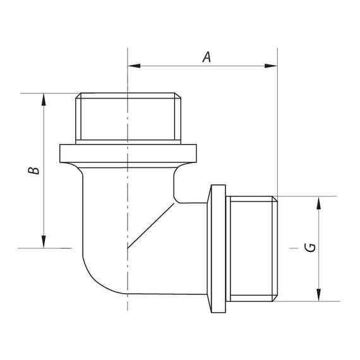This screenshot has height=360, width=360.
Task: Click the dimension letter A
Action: pyautogui.click(x=206, y=57)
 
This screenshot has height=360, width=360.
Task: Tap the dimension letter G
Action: pyautogui.click(x=310, y=247)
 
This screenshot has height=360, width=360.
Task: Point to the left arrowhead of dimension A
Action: pyautogui.click(x=133, y=65)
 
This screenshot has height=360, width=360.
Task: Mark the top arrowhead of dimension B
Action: pyautogui.click(x=44, y=99)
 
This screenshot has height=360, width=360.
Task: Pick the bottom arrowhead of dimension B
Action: pyautogui.click(x=44, y=243)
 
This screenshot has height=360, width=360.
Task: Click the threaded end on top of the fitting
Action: pyautogui.click(x=128, y=118)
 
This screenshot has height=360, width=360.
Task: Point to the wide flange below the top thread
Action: pyautogui.click(x=128, y=153)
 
